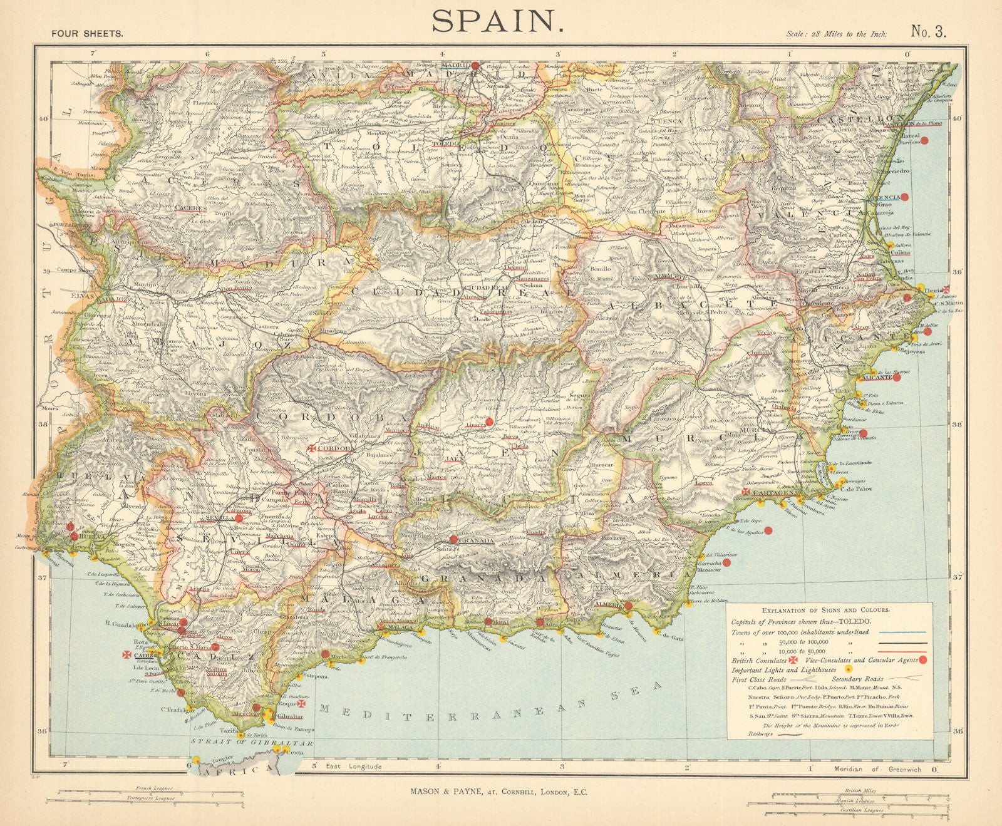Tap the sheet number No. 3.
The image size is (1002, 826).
pyautogui.click(x=928, y=32)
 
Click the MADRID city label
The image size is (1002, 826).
pyautogui.click(x=455, y=65)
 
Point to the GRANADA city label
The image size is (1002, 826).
pyautogui.click(x=477, y=540)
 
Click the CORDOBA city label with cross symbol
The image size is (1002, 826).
pyautogui.click(x=336, y=449)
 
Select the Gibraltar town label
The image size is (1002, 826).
pyautogui.click(x=290, y=716)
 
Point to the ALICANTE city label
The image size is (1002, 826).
pyautogui.click(x=877, y=378)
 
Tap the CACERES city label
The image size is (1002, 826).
pyautogui.click(x=191, y=208)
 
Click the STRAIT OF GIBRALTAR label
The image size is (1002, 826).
pyautogui.click(x=252, y=743)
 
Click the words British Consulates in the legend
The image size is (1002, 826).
pyautogui.click(x=759, y=660)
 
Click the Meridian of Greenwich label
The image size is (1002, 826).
pyautogui.click(x=877, y=769)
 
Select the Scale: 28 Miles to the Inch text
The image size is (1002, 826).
pyautogui.click(x=836, y=34)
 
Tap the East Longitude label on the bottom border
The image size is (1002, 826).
pyautogui.click(x=356, y=767)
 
